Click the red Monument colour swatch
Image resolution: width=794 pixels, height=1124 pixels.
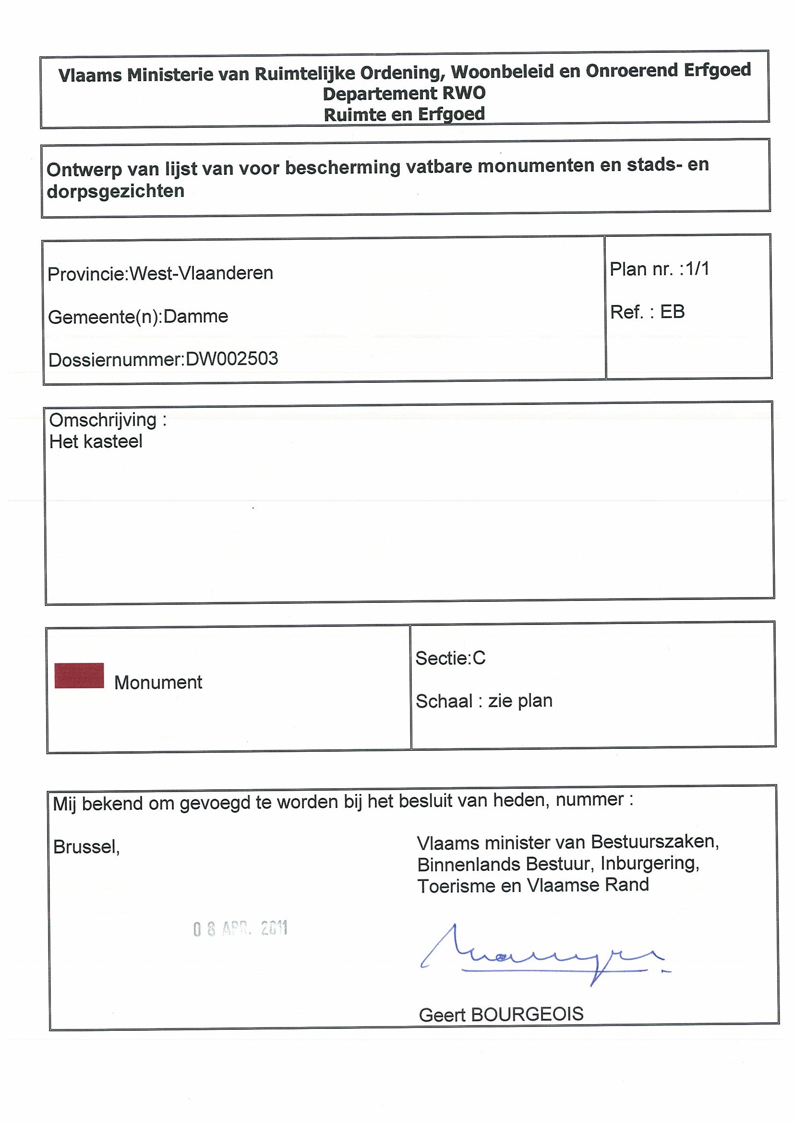click(x=79, y=675)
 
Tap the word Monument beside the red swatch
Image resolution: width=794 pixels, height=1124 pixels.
click(x=158, y=683)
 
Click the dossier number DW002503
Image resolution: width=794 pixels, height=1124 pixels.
click(x=232, y=359)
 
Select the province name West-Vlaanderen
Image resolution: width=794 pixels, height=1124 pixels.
click(x=201, y=273)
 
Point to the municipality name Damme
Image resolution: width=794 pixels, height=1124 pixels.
click(x=196, y=316)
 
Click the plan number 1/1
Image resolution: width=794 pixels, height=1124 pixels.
click(x=697, y=269)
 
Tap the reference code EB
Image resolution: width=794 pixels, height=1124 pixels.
click(x=672, y=312)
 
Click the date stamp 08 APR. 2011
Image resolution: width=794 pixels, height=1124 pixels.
click(x=240, y=929)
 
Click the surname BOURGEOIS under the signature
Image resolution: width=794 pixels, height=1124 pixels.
click(x=527, y=1014)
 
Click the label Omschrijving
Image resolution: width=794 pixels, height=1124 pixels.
click(x=103, y=420)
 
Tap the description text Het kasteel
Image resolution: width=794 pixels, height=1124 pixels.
click(x=96, y=441)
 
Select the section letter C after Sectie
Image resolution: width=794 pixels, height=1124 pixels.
click(x=479, y=659)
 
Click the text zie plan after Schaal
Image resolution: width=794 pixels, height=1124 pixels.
click(x=520, y=701)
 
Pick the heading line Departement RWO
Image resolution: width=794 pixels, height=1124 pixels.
click(x=404, y=93)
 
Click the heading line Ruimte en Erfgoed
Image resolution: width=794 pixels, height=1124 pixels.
click(x=404, y=114)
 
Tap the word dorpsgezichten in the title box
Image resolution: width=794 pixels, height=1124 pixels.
click(x=116, y=191)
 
